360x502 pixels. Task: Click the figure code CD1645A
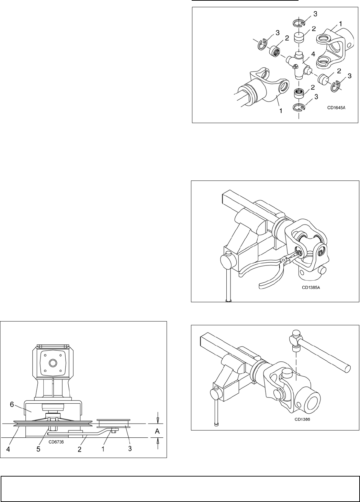pos(336,107)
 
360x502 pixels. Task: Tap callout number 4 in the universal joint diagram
pos(313,54)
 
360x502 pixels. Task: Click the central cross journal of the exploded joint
pos(298,65)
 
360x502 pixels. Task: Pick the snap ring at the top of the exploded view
pos(299,22)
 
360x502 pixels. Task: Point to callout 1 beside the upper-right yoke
pos(340,24)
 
